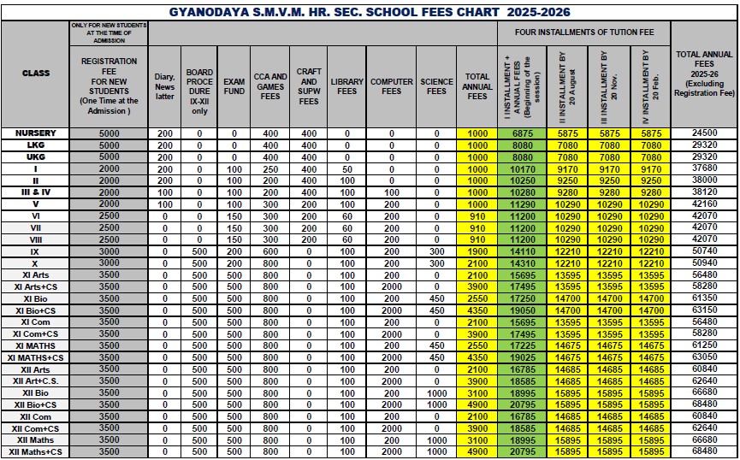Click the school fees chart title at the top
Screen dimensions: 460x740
(x=370, y=12)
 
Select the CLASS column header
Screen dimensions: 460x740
(x=35, y=74)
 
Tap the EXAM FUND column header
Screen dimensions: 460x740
(x=234, y=86)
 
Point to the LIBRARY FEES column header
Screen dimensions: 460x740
(x=346, y=86)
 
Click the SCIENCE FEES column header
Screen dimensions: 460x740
(x=436, y=86)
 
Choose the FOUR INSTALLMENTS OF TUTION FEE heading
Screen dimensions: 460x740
(x=584, y=32)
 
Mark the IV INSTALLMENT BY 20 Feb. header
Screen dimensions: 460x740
(x=651, y=85)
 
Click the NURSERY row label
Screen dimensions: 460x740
(x=35, y=134)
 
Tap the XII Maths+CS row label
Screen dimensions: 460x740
(x=35, y=451)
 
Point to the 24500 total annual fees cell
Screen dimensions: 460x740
(x=704, y=134)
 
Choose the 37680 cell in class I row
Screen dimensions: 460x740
(x=704, y=169)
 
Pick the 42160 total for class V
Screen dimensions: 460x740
(x=704, y=204)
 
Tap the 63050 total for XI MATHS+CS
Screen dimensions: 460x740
(x=704, y=357)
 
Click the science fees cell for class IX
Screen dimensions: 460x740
(x=436, y=251)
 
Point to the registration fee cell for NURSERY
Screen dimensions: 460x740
(x=109, y=134)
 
